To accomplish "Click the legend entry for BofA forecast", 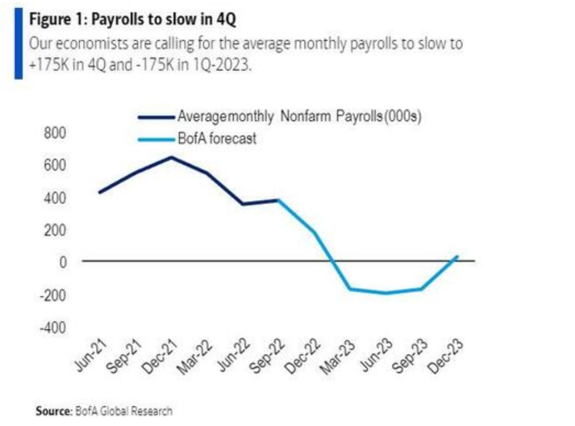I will pos(217,138).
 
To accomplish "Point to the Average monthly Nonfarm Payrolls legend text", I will pos(299,117).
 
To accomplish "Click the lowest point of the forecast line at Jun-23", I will pos(385,293).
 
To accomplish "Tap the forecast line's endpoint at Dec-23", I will pos(457,256).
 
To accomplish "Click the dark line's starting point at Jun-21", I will pos(99,192).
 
